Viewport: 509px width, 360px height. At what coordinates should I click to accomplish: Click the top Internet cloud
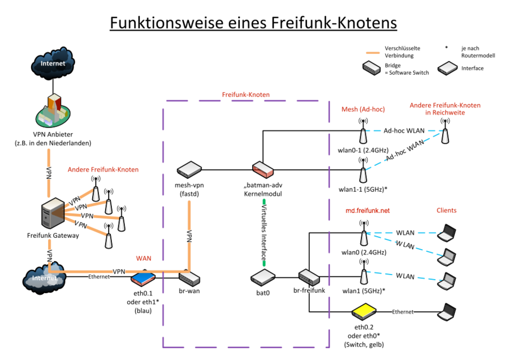53,63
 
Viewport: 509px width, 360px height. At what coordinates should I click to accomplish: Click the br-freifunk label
308,290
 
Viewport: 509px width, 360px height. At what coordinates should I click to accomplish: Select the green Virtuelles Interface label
264,232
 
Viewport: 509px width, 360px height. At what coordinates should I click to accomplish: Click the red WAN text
144,259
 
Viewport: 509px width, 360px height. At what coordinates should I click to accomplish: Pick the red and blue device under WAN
143,278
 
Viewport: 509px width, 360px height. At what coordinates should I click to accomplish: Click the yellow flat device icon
364,311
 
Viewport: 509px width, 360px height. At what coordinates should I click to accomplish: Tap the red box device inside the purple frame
263,169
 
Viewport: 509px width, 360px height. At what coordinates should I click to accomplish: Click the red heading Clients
446,211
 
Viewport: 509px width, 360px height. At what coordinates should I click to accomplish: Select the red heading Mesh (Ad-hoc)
363,109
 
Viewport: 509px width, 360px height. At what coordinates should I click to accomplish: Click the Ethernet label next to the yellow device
403,312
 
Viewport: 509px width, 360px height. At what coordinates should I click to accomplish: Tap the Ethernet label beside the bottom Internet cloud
99,277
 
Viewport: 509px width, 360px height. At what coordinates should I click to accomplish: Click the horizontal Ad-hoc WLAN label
404,130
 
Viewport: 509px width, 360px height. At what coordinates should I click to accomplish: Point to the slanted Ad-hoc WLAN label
405,151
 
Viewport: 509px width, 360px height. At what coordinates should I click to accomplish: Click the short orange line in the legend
373,53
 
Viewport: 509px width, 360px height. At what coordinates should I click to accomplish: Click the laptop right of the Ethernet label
447,311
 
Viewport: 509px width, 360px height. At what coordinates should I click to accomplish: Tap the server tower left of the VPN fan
54,213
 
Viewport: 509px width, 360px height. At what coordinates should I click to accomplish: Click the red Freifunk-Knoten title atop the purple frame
245,95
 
